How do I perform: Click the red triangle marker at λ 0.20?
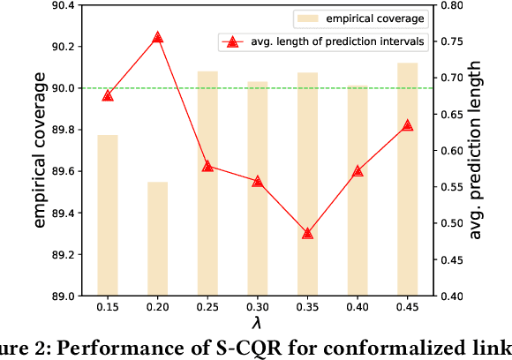click(157, 38)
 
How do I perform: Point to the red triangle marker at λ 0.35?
click(307, 233)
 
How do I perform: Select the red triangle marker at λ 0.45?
click(407, 125)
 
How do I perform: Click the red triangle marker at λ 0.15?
click(108, 95)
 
